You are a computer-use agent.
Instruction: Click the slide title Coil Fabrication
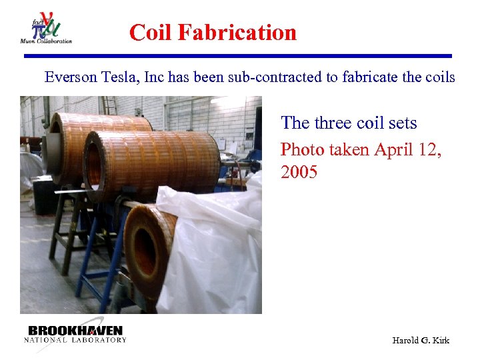coord(213,32)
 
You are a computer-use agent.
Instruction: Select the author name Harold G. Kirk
coord(421,341)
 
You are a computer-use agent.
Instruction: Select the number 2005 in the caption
coord(299,173)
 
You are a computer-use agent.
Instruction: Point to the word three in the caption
coord(335,123)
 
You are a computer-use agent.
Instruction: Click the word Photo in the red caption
coord(302,149)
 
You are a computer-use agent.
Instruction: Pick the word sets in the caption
coord(401,123)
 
